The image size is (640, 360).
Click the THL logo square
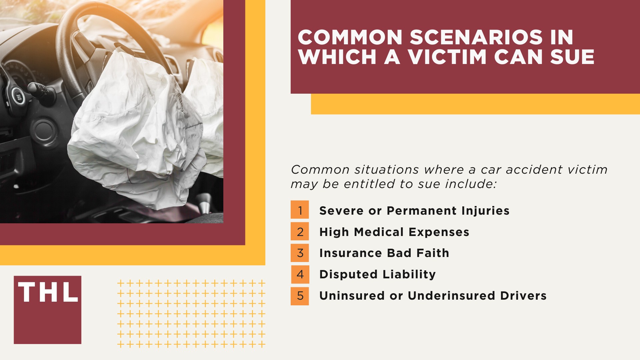(47, 310)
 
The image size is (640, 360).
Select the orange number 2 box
(300, 231)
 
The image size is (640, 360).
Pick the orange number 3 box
(300, 253)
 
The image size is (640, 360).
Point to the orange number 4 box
(300, 274)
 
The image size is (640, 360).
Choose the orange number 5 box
(300, 296)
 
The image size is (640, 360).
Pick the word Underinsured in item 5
(451, 296)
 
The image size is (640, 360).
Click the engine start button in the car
(18, 96)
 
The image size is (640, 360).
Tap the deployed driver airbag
(133, 133)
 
